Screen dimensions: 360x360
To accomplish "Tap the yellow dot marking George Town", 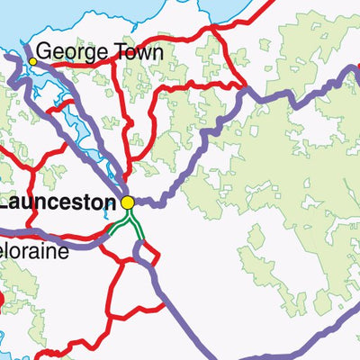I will point(33,61).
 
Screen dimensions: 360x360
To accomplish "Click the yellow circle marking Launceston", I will point(128,203).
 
